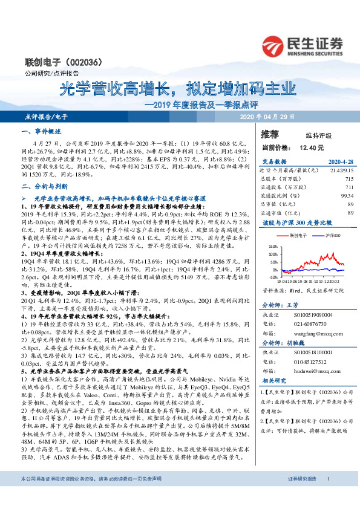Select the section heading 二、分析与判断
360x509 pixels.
tap(44, 187)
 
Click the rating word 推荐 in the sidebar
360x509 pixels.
tap(270, 134)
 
